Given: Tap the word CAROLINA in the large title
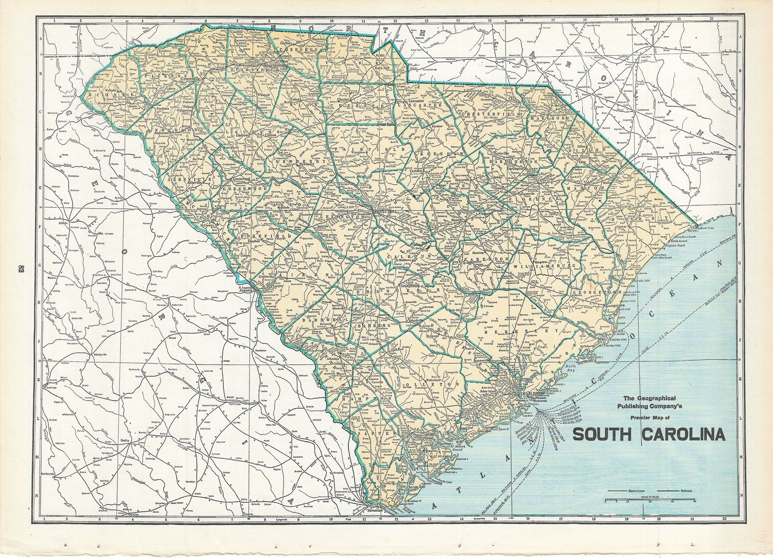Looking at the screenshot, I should (684, 434).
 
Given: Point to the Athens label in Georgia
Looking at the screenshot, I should (63, 223).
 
